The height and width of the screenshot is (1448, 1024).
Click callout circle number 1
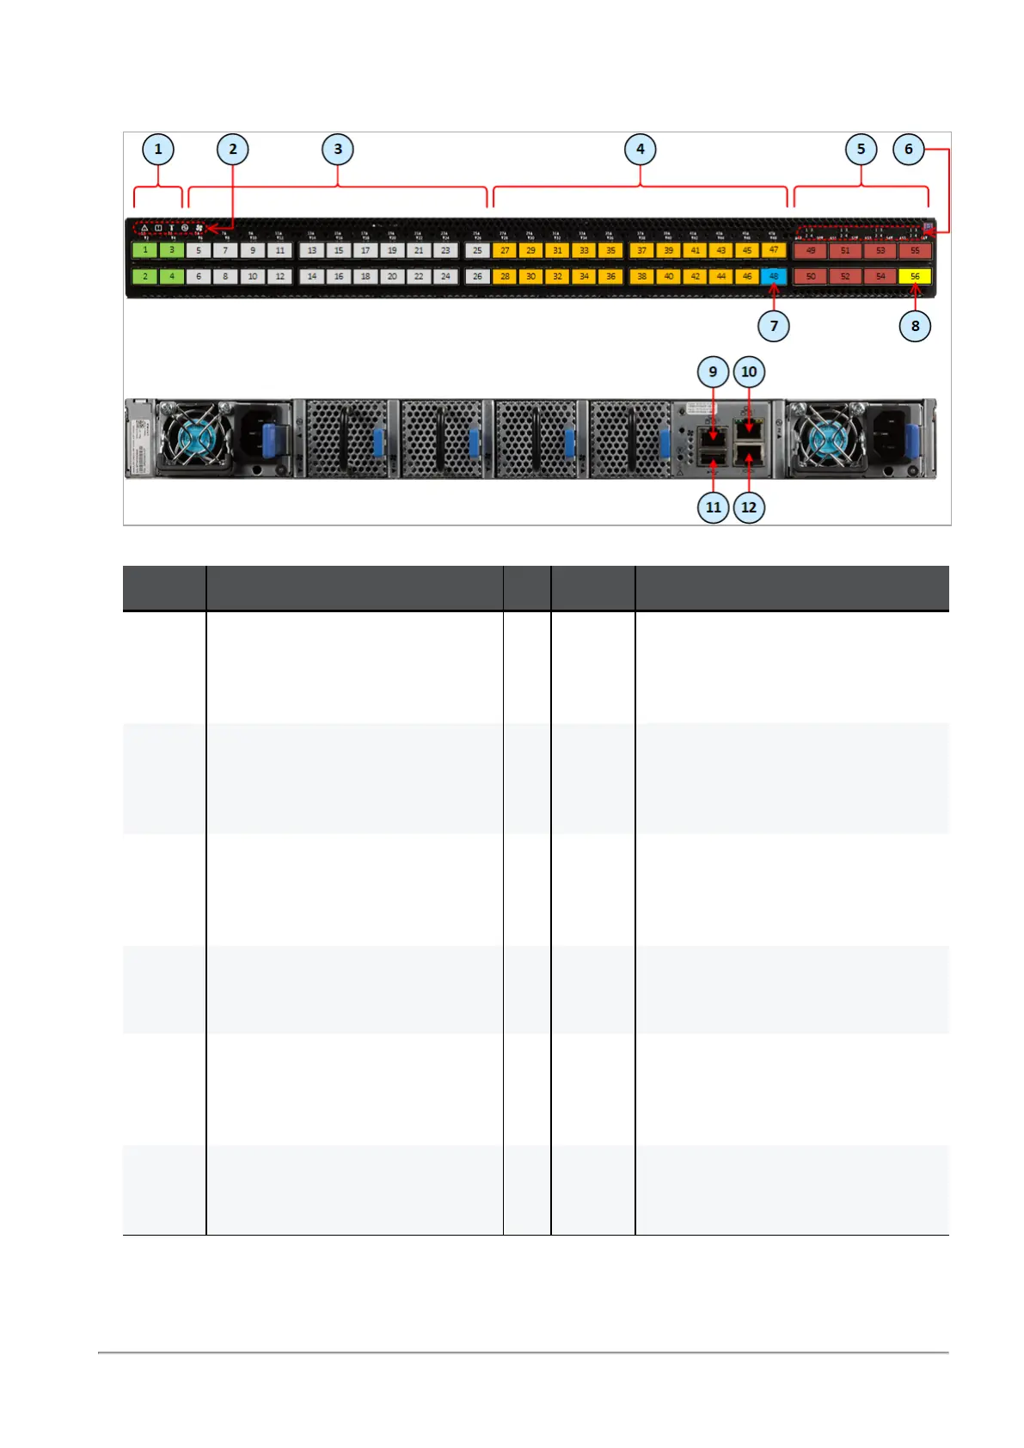pyautogui.click(x=158, y=150)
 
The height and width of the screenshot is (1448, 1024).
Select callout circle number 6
pyautogui.click(x=909, y=150)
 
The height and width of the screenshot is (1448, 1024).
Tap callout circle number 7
pyautogui.click(x=774, y=326)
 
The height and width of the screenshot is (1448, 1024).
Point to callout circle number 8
pyautogui.click(x=915, y=326)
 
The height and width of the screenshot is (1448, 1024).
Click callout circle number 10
pyautogui.click(x=749, y=371)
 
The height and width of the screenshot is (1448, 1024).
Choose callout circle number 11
pyautogui.click(x=714, y=507)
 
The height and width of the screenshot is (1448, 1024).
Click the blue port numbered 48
pyautogui.click(x=774, y=277)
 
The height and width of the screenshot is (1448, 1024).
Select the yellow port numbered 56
pyautogui.click(x=915, y=277)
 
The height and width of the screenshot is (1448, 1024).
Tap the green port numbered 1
pyautogui.click(x=145, y=250)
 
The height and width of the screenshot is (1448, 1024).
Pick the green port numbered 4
pyautogui.click(x=172, y=277)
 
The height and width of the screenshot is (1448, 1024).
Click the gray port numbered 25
pyautogui.click(x=477, y=250)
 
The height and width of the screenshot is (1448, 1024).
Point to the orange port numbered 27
pyautogui.click(x=505, y=250)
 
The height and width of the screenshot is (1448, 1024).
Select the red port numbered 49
pyautogui.click(x=810, y=251)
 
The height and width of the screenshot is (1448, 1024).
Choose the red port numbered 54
pyautogui.click(x=880, y=277)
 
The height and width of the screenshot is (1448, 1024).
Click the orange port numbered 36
pyautogui.click(x=610, y=277)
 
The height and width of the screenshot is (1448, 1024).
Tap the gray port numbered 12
pyautogui.click(x=279, y=277)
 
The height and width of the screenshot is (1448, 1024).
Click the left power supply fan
pyautogui.click(x=193, y=439)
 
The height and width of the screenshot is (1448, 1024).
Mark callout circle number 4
pyautogui.click(x=641, y=150)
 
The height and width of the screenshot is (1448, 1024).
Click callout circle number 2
pyautogui.click(x=233, y=150)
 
